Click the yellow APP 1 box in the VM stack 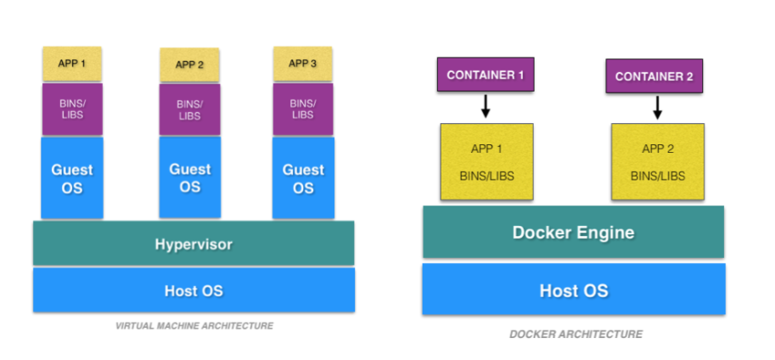(72, 64)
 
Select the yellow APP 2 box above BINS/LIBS (190, 65)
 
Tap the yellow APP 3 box (303, 64)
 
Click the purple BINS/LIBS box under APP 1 (72, 110)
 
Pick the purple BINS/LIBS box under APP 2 (190, 110)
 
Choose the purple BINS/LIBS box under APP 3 (303, 110)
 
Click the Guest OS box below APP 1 (72, 178)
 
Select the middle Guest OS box (190, 178)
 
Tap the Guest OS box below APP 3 (303, 178)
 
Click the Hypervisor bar (194, 245)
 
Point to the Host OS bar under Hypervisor (194, 290)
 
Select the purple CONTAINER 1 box (485, 75)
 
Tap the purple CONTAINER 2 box (654, 76)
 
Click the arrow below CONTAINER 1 (485, 106)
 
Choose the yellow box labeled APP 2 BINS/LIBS (658, 162)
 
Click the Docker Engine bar (573, 232)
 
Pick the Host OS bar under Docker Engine (573, 290)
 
